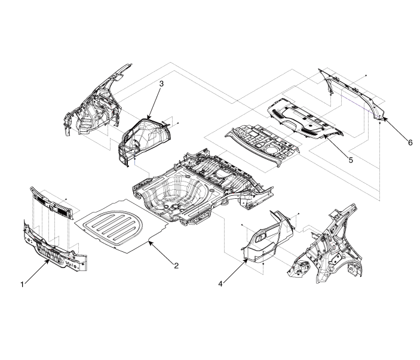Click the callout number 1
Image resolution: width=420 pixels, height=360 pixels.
(22, 285)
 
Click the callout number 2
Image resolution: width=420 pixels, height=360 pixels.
(176, 266)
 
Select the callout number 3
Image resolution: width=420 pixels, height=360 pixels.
(161, 84)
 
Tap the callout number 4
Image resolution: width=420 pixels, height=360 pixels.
(220, 284)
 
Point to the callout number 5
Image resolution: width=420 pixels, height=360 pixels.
(351, 160)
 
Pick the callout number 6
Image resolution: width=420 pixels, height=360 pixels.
(410, 143)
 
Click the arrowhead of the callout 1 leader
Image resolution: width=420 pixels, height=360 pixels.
(48, 260)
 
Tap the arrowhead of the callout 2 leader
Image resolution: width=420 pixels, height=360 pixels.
(150, 242)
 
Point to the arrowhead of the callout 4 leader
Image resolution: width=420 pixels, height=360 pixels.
(246, 260)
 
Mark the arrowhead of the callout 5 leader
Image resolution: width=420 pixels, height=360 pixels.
(324, 136)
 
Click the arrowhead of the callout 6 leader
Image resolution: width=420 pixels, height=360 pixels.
(383, 118)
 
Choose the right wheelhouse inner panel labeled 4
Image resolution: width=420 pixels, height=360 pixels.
(268, 238)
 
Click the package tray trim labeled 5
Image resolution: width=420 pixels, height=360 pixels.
(305, 118)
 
